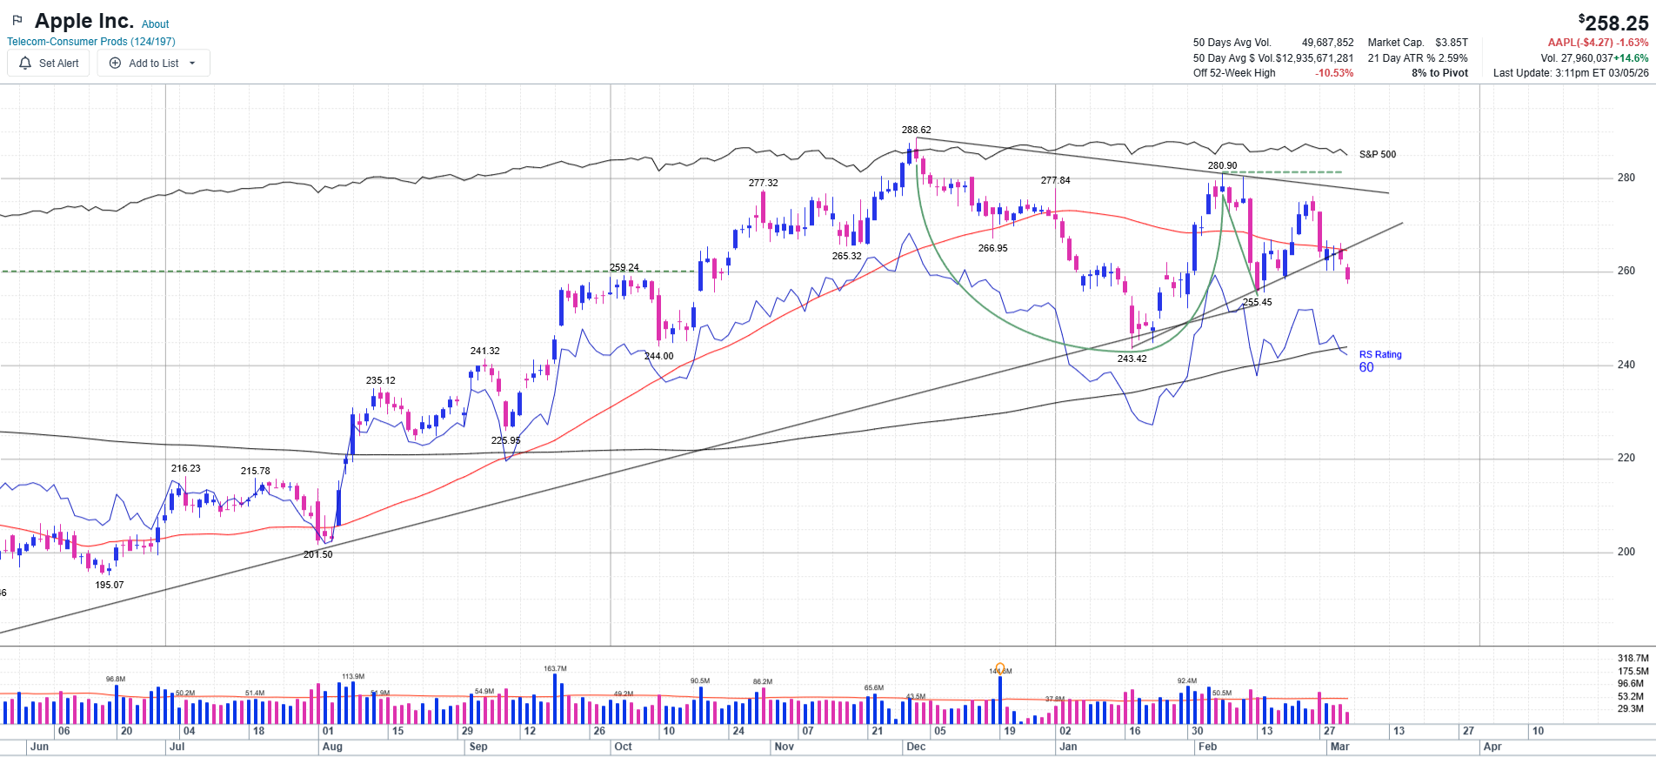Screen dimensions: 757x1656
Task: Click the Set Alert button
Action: [x=49, y=64]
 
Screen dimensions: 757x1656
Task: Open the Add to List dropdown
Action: [x=153, y=64]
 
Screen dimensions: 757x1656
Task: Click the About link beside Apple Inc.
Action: [x=155, y=24]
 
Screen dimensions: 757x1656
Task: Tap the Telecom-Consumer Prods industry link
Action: [x=91, y=42]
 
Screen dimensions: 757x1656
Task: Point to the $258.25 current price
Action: [x=1613, y=23]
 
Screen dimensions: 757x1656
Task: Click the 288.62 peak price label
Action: [x=916, y=131]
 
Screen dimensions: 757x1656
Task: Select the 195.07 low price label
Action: [x=110, y=586]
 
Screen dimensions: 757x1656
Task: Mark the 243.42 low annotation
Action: [x=1132, y=358]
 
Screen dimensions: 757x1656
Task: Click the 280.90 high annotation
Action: [x=1222, y=166]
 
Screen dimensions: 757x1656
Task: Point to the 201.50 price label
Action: [x=317, y=555]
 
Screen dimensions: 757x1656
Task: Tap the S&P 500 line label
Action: [x=1377, y=155]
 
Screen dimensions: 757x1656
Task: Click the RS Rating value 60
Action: [x=1366, y=368]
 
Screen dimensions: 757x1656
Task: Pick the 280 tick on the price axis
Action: [x=1626, y=178]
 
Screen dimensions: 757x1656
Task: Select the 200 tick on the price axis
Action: [x=1626, y=553]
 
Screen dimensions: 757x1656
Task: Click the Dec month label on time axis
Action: [x=916, y=747]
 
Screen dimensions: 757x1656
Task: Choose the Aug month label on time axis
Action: [x=332, y=747]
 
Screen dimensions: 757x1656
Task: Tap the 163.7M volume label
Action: [x=555, y=669]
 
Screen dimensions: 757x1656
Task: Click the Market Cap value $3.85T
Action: [x=1451, y=43]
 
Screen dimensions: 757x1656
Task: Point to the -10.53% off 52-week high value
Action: [x=1334, y=73]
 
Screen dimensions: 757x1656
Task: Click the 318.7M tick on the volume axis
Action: [x=1633, y=659]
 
